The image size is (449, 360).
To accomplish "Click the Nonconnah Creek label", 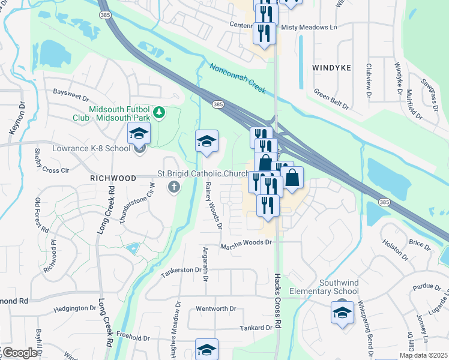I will [x=237, y=79].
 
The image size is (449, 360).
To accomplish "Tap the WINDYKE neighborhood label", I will [x=331, y=68].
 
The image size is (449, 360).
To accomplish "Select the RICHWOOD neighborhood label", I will [x=113, y=178].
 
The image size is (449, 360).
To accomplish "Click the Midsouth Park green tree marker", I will [x=159, y=112].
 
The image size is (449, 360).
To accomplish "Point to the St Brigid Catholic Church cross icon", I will [x=174, y=187].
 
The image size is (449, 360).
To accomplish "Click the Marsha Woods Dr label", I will [x=246, y=243].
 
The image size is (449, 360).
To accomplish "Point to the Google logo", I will [x=19, y=352].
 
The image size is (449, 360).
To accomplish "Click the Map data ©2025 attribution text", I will [x=423, y=355].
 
